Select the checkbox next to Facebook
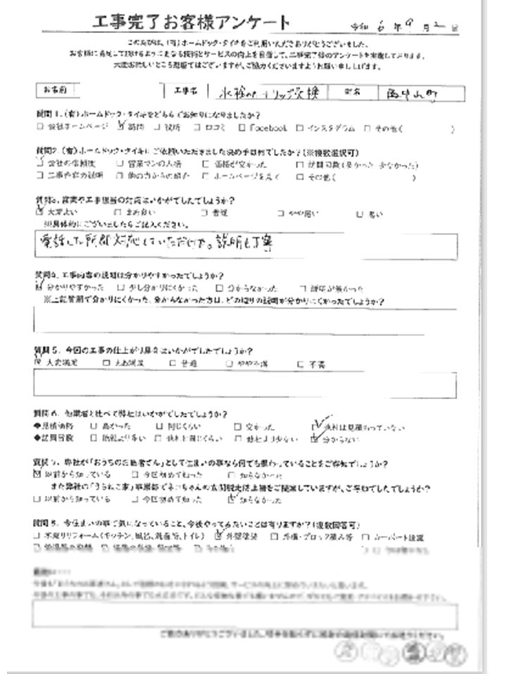coord(242,128)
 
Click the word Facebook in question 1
coord(267,128)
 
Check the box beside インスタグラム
coord(300,128)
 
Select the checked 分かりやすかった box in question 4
coord(38,287)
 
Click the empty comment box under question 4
coord(244,320)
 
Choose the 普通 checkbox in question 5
coord(173,364)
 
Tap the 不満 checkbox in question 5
coord(301,364)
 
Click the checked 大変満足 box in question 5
coord(38,363)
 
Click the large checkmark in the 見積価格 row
coord(318,425)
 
